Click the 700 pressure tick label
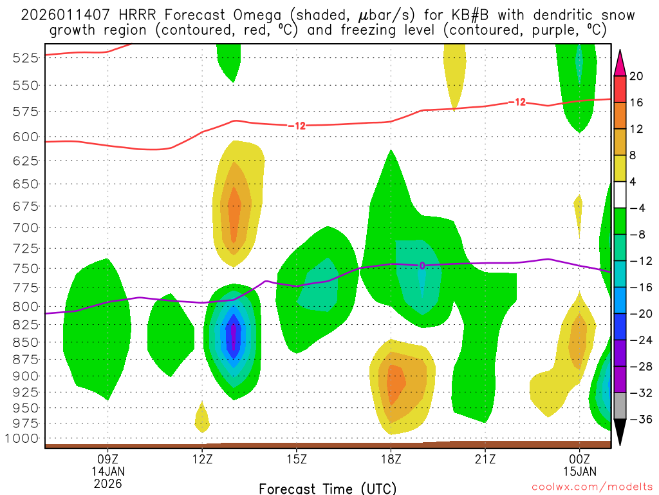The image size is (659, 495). coord(25,228)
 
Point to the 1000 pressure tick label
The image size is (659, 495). coord(23,439)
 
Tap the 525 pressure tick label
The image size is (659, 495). coord(25,58)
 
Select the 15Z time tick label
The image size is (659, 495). coord(296,460)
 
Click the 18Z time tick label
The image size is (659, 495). coord(391,460)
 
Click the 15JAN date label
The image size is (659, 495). coord(579,471)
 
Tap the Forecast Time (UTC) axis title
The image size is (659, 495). coord(328,488)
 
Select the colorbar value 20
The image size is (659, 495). coord(636,76)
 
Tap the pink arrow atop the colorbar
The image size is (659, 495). coord(620,63)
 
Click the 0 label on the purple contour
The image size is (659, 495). coord(422,266)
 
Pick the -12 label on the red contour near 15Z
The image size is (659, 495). coord(297,126)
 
